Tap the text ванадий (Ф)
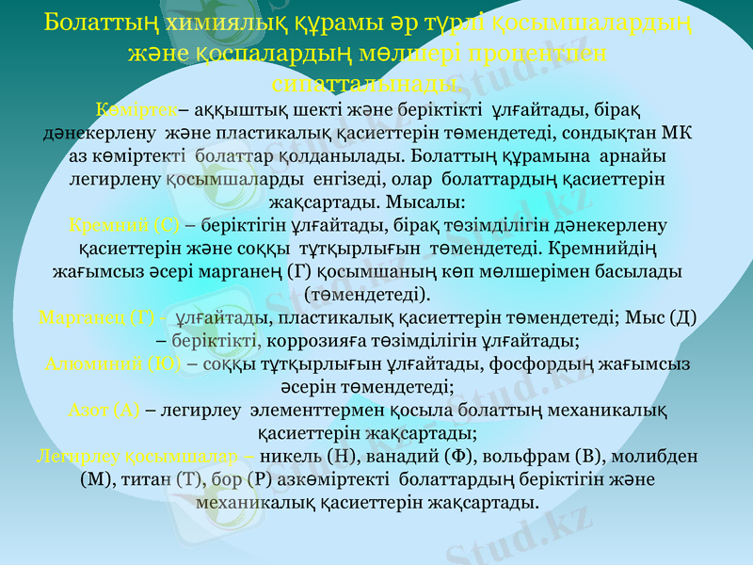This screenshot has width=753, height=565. tap(414, 455)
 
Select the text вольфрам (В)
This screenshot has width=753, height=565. tap(534, 455)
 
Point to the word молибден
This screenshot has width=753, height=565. tap(650, 455)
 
